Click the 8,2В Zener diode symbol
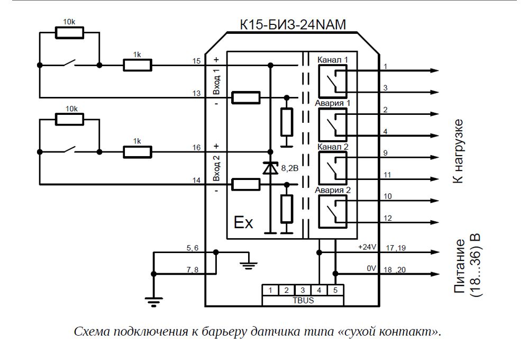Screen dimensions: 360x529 tap(270, 168)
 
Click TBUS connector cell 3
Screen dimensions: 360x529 tap(302, 290)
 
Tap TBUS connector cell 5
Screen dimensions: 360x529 tap(335, 290)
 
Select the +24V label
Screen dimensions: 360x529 tap(367, 247)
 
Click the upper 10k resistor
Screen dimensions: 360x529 tap(69, 32)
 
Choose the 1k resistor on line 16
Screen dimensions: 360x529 tap(138, 152)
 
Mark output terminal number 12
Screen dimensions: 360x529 tap(387, 218)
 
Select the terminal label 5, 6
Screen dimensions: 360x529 tap(192, 248)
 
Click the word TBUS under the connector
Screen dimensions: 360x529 tap(303, 300)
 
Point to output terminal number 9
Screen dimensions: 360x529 tap(386, 153)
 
